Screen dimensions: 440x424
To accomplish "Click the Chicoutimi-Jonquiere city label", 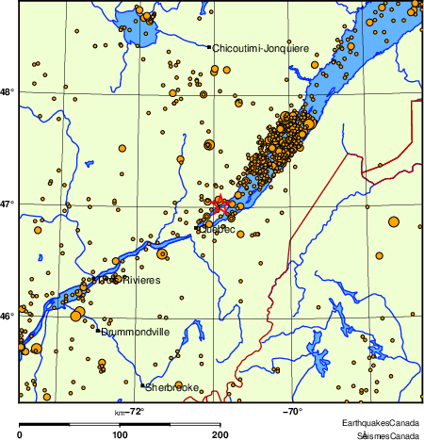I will (255, 47).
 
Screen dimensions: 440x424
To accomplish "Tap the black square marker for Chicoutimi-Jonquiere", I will (209, 46).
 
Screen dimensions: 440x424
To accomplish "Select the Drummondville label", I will (135, 332).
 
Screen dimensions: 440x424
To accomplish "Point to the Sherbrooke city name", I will (172, 387).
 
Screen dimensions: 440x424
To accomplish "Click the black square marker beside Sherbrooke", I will (142, 385).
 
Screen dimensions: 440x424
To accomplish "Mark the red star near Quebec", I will (219, 204).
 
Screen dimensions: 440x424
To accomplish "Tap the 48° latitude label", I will (7, 91).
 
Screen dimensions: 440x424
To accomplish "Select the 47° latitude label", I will (7, 204).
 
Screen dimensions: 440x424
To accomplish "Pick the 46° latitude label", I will (7, 316).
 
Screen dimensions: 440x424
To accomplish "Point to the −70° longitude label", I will (290, 411).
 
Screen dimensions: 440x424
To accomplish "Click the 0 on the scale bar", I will (21, 434).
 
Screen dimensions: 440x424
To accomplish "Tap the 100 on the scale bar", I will (120, 434).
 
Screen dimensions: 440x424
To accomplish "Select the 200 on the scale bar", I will (220, 434).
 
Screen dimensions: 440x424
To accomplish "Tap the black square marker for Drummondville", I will (97, 331).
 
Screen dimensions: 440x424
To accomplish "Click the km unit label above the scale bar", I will (120, 411).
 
